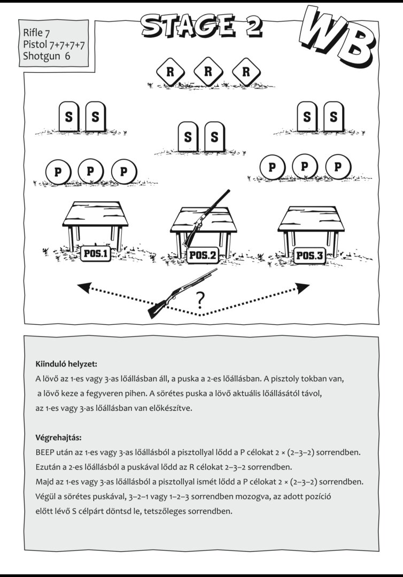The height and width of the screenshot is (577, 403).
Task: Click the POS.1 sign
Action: pos(96,254)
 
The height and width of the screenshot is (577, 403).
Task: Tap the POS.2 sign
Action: pos(202,255)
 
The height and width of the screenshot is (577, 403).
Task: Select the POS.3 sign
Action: pos(310,255)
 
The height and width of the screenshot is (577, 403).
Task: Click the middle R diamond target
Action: pos(208,72)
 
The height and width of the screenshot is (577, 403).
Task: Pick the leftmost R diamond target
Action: pos(170,72)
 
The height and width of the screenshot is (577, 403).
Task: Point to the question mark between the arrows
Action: pos(200,301)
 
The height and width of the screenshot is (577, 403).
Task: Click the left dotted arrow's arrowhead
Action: pos(84,287)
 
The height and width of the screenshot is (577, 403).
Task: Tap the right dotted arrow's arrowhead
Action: pos(303,288)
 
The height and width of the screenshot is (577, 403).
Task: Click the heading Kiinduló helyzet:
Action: pos(66,364)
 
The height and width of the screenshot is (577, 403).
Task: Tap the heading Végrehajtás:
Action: pos(58,438)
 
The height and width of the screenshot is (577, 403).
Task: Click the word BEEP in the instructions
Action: pos(45,453)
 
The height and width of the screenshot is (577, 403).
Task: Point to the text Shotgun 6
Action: pos(46,56)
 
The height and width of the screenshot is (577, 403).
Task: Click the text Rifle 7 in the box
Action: pos(36,33)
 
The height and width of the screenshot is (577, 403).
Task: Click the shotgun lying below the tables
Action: pos(183,293)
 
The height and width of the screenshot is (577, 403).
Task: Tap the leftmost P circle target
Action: pos(58,172)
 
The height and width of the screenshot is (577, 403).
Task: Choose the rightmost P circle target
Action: pos(337,167)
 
